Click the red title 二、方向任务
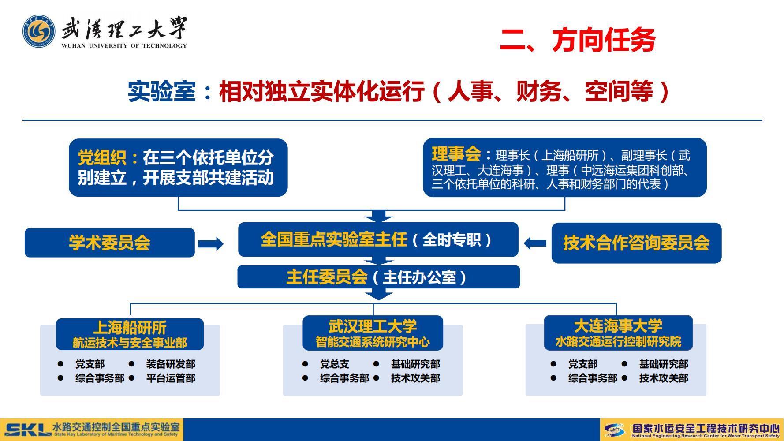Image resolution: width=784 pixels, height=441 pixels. click(x=577, y=40)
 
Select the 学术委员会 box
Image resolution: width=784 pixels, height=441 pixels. click(x=109, y=243)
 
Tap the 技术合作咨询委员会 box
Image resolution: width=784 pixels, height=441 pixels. click(x=636, y=243)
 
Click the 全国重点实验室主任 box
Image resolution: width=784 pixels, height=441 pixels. click(x=378, y=239)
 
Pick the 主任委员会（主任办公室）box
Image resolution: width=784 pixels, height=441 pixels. click(x=378, y=277)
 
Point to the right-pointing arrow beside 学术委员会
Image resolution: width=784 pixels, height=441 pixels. click(x=210, y=243)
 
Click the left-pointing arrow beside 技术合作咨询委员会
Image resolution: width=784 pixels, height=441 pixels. click(x=535, y=243)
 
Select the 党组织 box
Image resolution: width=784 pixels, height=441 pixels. click(x=178, y=168)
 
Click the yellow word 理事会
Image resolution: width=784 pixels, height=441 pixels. click(x=456, y=154)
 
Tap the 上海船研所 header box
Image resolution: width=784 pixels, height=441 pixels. click(x=130, y=334)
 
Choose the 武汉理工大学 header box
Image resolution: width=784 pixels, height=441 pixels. click(x=373, y=333)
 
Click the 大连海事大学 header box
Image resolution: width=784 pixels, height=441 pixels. click(x=618, y=333)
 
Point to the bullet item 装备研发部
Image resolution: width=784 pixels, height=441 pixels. click(x=171, y=364)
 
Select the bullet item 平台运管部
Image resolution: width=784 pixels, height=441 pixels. click(x=171, y=378)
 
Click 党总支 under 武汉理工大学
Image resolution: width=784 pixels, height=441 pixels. click(x=335, y=364)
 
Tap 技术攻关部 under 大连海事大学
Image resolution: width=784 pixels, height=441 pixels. click(x=664, y=378)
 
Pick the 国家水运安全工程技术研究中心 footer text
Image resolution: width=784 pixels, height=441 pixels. click(x=706, y=428)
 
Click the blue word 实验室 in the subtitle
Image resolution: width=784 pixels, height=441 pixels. click(x=161, y=92)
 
